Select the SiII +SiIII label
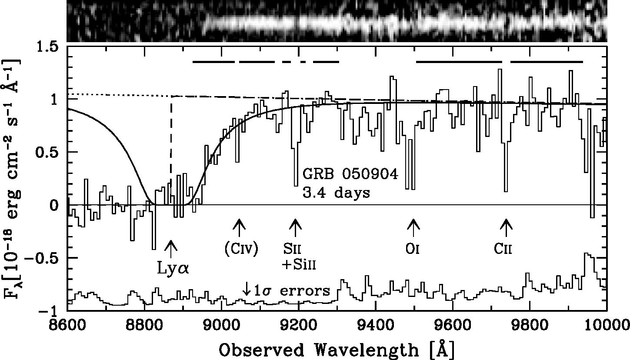click(x=299, y=257)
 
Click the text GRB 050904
click(x=350, y=175)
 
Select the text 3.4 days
click(x=336, y=192)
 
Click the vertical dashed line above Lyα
click(x=171, y=139)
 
